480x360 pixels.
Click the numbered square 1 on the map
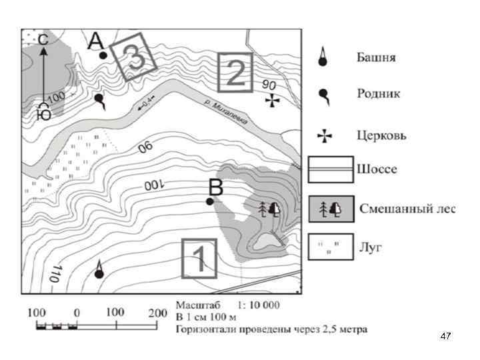coord(199,257)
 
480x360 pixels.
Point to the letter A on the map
coord(97,42)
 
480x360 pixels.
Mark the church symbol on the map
coord(272,101)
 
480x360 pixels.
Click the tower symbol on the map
coord(99,269)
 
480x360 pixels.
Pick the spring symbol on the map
coord(100,101)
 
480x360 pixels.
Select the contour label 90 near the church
coord(269,85)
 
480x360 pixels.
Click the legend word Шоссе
coord(378,169)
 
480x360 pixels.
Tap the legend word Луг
coord(371,248)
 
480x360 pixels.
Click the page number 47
coord(446,337)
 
